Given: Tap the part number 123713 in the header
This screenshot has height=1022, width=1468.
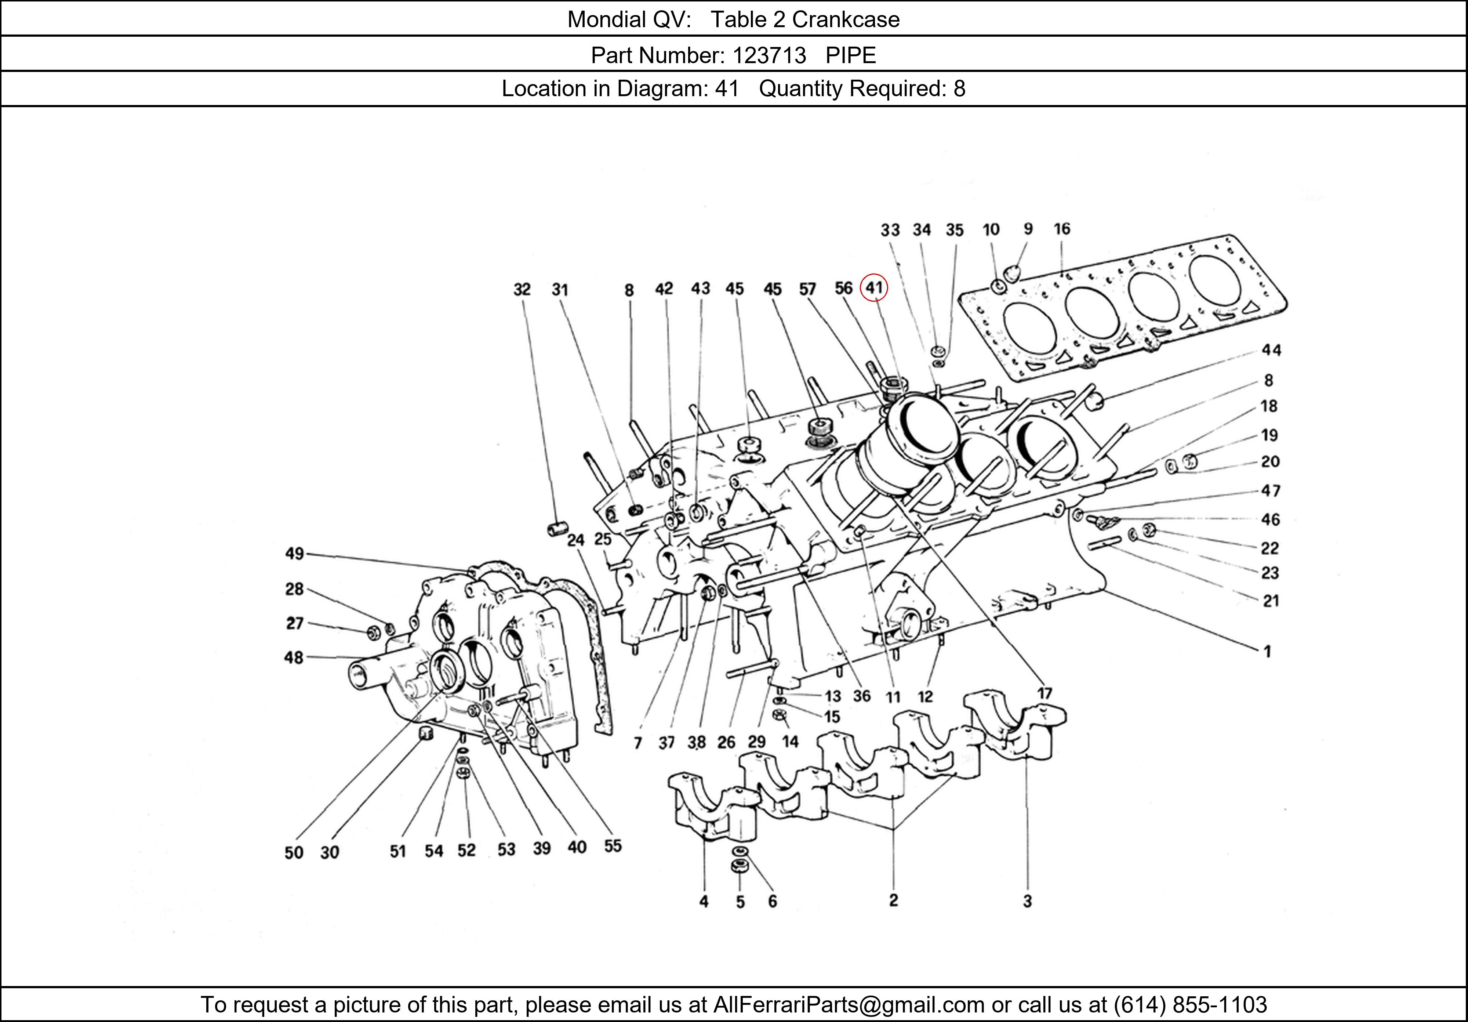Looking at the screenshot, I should [769, 56].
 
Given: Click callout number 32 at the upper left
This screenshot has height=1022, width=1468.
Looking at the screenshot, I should [522, 290].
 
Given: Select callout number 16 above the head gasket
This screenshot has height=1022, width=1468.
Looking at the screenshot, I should [1061, 229].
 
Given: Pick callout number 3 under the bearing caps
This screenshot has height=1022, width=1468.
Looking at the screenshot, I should [1027, 901].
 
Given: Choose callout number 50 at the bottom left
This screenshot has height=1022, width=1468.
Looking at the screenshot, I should [294, 852].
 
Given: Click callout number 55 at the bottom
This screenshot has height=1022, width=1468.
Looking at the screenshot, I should [613, 846].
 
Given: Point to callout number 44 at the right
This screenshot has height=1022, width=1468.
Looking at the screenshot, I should [1271, 350].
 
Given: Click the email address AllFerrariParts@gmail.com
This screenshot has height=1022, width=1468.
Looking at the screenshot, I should [849, 1005].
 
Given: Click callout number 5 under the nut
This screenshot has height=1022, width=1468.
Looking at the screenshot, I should [740, 902].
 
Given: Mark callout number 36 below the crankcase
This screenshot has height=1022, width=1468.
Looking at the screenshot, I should [861, 696].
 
